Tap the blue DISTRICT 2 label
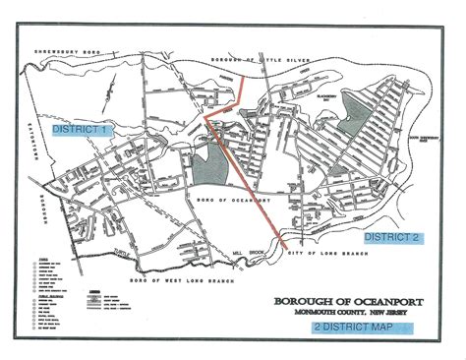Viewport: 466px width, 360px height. pos(391,238)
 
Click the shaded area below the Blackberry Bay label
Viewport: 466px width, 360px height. pos(350,123)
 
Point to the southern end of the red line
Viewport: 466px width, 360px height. pos(284,244)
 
